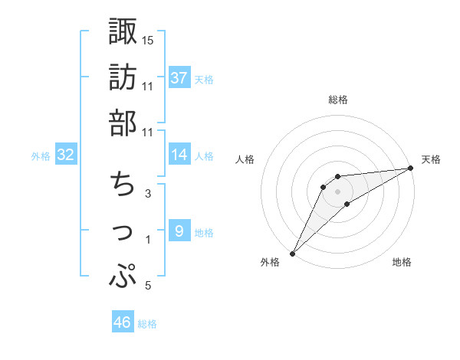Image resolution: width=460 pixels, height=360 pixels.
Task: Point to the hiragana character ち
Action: tap(123, 185)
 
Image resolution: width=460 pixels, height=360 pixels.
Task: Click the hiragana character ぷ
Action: tap(123, 276)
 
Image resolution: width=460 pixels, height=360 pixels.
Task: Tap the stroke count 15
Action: tap(148, 39)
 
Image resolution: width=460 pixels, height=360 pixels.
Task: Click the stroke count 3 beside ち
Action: tap(147, 193)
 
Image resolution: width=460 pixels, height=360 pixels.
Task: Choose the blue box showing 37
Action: tap(179, 77)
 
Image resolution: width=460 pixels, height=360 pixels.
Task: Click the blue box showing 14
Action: tap(179, 155)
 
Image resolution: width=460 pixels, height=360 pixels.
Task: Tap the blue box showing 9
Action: tap(179, 231)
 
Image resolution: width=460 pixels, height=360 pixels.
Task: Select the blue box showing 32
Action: tap(66, 155)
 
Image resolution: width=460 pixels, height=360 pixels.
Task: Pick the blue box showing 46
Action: tap(123, 322)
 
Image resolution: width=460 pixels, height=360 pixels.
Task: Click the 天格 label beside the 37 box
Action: tap(204, 79)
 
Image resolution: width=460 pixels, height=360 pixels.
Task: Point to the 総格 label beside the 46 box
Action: tap(147, 324)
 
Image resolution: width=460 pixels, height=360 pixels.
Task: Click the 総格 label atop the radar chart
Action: tap(338, 100)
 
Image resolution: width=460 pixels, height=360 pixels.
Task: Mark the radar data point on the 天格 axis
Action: tap(410, 169)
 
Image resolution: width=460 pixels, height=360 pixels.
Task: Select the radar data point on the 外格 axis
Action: tap(292, 253)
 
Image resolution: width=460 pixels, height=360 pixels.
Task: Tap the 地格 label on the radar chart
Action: tap(402, 263)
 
